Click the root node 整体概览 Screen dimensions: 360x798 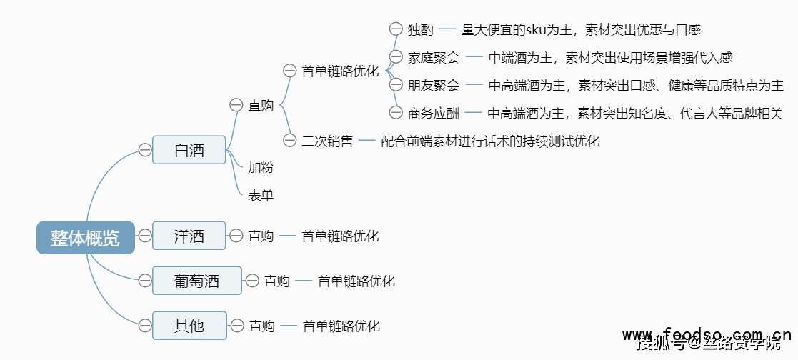(85, 238)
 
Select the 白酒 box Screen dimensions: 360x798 (189, 150)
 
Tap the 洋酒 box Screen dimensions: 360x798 (189, 236)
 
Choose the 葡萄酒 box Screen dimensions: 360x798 (197, 281)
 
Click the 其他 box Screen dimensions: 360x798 (189, 326)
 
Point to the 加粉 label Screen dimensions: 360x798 (261, 168)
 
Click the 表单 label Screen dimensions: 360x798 (261, 194)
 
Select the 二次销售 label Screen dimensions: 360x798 (327, 141)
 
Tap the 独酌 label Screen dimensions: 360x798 (421, 29)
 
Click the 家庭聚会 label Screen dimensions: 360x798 (434, 57)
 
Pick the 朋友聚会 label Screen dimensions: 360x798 (434, 85)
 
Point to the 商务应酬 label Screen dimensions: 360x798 (434, 113)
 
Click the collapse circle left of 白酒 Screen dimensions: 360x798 (144, 150)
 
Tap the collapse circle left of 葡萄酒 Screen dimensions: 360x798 (144, 281)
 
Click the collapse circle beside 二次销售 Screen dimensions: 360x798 (289, 141)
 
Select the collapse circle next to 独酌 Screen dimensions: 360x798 (396, 29)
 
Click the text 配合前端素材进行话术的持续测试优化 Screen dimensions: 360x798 (490, 141)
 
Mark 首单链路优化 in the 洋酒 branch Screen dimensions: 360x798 (340, 236)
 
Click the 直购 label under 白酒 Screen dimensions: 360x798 (261, 105)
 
